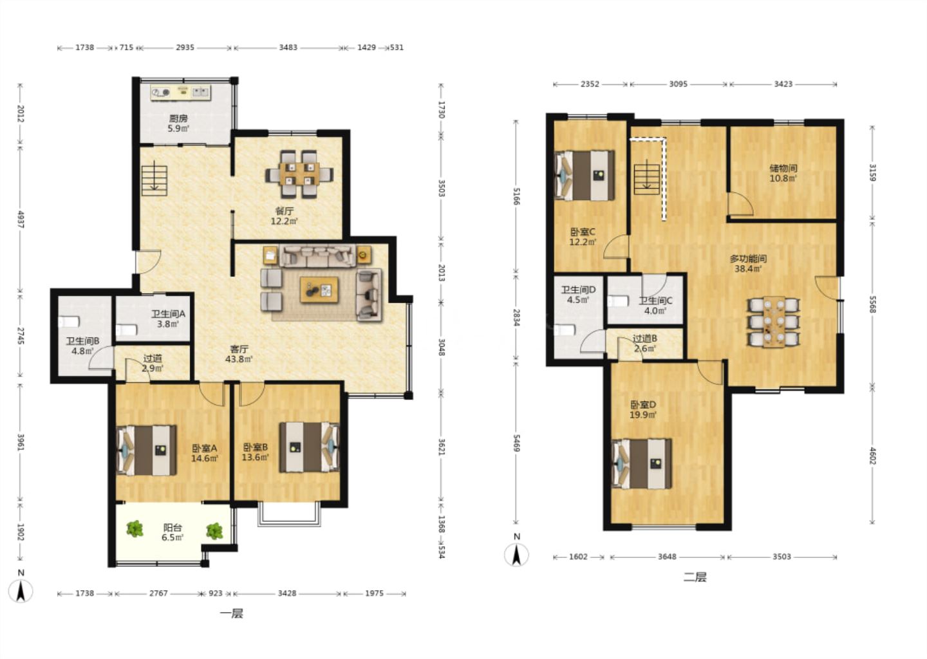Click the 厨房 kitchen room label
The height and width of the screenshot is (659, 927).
(x=178, y=118)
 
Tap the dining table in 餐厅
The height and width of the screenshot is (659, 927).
(x=299, y=174)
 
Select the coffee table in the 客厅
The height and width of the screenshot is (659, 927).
(x=319, y=290)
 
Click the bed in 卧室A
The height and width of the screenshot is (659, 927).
(x=147, y=450)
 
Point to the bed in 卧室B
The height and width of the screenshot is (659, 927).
(x=310, y=447)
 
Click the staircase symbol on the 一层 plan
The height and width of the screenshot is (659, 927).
(x=154, y=180)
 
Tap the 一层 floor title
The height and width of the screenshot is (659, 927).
(x=231, y=613)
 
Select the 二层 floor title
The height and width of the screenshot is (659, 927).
(x=695, y=577)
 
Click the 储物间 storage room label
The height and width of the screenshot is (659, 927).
(x=783, y=169)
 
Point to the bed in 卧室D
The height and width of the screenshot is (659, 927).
(x=641, y=464)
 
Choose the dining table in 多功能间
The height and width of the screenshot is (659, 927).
(x=774, y=322)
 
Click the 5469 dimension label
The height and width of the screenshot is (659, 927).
(x=516, y=443)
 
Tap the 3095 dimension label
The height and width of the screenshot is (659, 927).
(x=679, y=84)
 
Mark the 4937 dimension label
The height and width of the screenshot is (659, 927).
(x=21, y=219)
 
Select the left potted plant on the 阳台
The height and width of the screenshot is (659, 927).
(x=135, y=529)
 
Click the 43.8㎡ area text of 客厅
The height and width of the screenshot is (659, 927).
(x=239, y=359)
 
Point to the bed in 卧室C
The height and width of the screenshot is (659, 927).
(x=585, y=176)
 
